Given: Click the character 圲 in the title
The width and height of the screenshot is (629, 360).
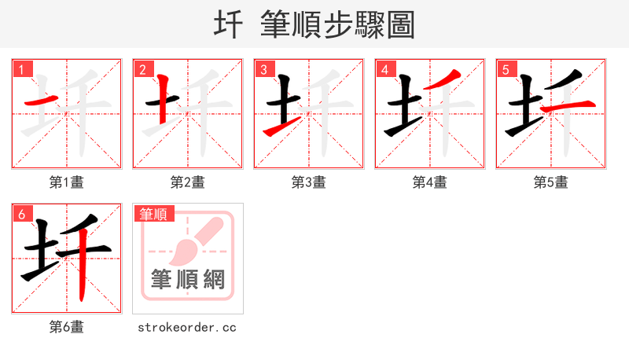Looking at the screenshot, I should (x=228, y=25).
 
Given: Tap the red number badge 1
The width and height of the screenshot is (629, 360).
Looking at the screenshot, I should (x=22, y=69).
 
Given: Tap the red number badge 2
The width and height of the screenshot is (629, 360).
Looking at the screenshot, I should (x=142, y=69).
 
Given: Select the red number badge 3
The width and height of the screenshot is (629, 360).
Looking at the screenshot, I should (x=263, y=69).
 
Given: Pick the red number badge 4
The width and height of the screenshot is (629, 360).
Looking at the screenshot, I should (x=384, y=69).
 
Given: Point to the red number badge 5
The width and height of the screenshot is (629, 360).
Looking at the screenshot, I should (x=506, y=69).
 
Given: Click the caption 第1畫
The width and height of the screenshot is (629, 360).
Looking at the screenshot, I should (x=67, y=182).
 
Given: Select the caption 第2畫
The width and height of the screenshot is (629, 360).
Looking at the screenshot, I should (x=188, y=182).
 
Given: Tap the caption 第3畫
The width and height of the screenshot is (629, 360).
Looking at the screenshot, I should (x=309, y=182).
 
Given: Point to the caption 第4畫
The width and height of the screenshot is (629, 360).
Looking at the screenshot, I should (x=430, y=182).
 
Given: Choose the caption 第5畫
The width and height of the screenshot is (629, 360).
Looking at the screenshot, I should (x=551, y=182).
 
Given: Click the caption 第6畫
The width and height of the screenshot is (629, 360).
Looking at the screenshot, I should (x=67, y=327).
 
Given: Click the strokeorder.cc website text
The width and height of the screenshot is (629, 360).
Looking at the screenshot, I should (x=187, y=327).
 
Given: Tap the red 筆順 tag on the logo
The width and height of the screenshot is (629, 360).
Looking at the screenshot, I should (x=155, y=214).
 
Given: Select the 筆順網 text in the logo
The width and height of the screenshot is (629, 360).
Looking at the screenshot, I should (x=188, y=279).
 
